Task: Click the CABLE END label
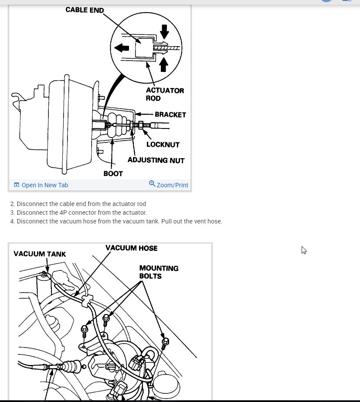[85, 10]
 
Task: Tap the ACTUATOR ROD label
[165, 94]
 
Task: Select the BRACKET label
[170, 115]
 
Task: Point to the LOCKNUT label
[163, 144]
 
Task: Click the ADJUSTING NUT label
[156, 160]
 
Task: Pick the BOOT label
[113, 173]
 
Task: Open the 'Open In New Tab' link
[44, 185]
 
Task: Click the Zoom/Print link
[172, 185]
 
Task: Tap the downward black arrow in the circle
[164, 31]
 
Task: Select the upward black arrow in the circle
[164, 64]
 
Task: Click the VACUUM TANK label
[40, 254]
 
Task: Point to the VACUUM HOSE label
[131, 248]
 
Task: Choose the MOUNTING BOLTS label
[159, 272]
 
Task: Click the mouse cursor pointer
[304, 250]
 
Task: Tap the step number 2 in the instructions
[12, 204]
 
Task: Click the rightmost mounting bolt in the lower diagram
[165, 344]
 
